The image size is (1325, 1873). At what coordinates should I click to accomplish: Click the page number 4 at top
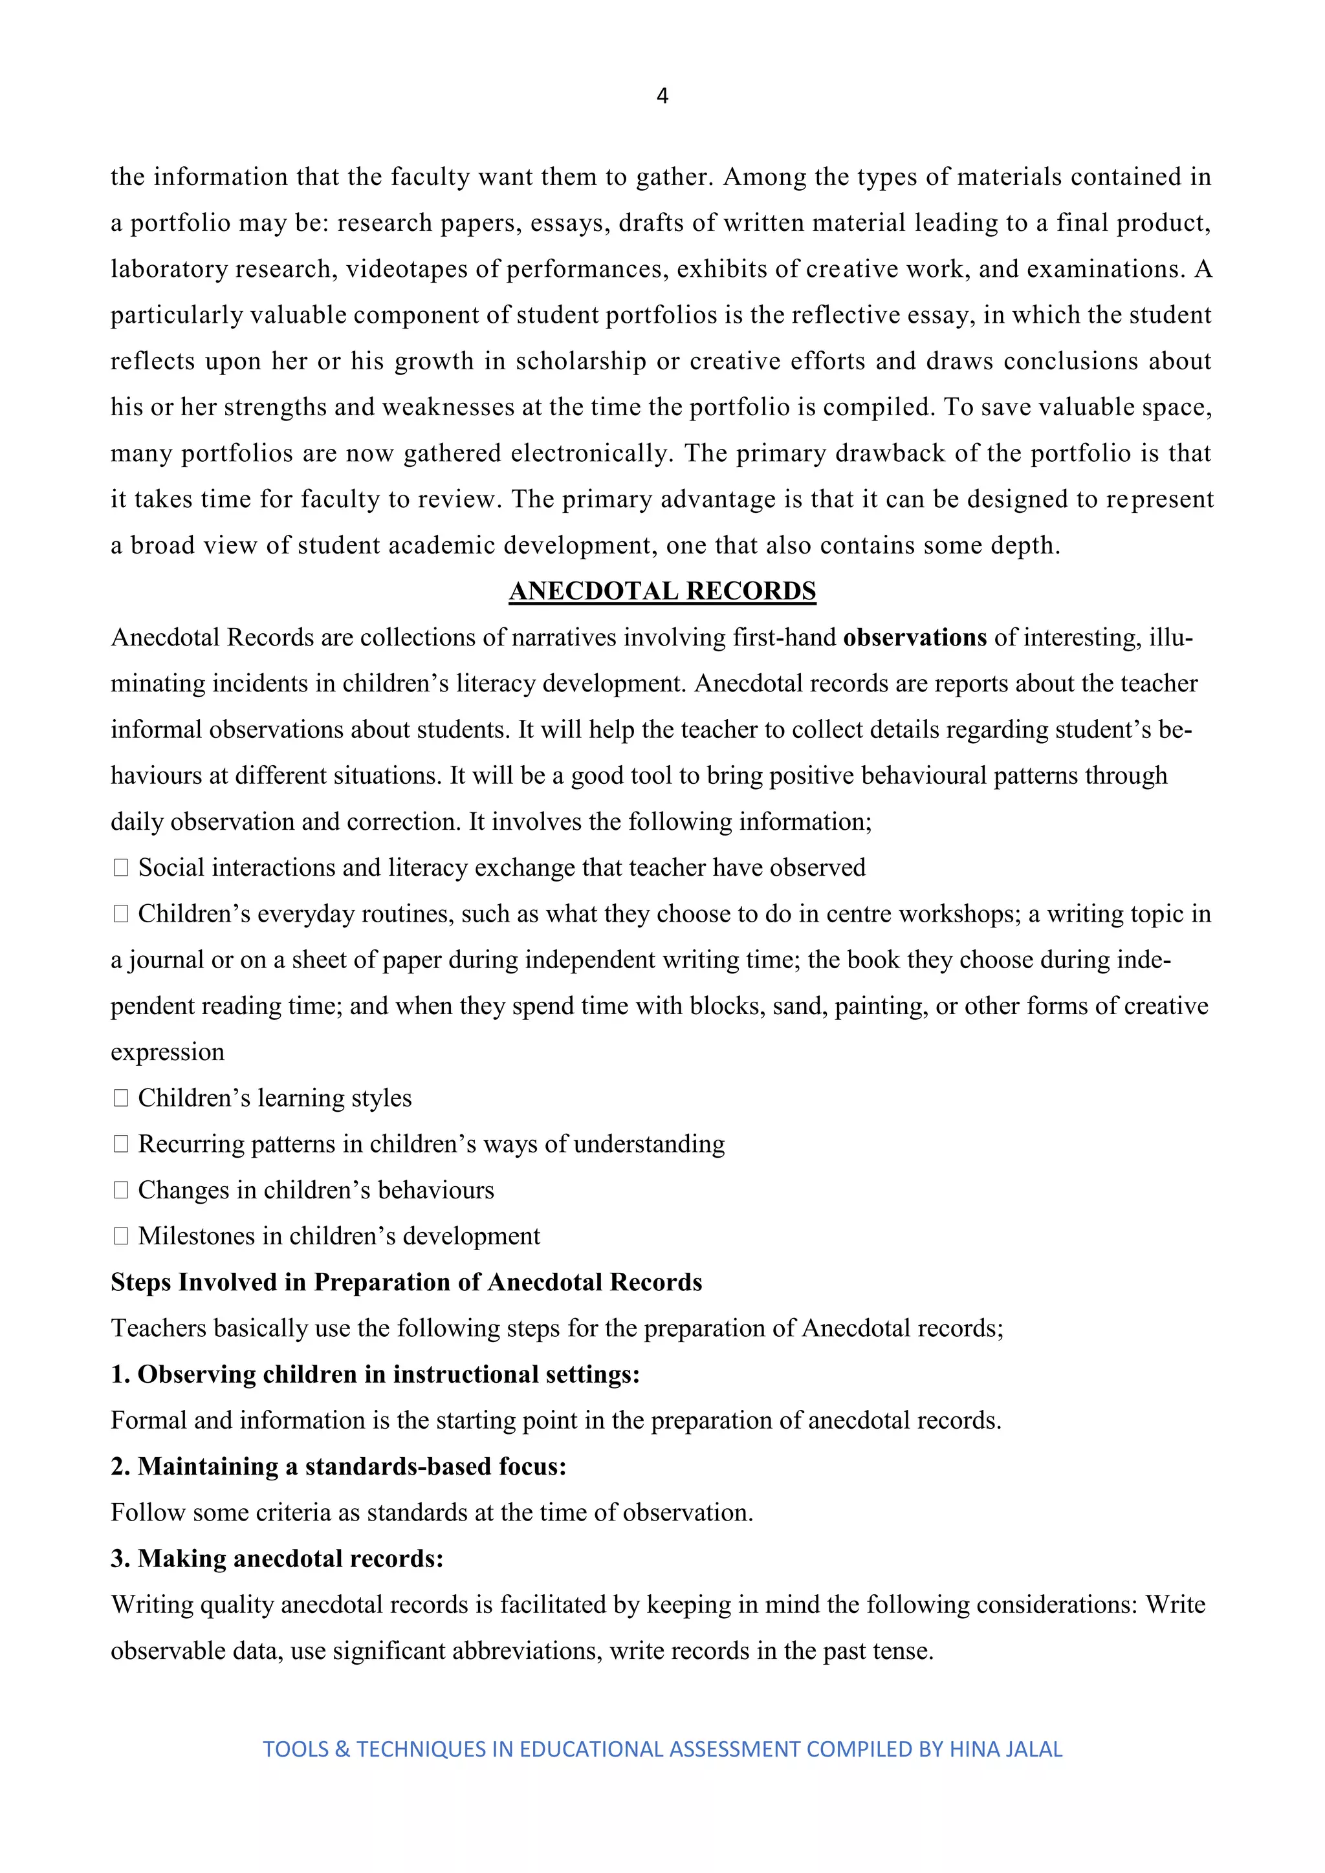click(x=662, y=96)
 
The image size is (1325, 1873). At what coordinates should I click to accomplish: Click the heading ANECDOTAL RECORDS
click(x=662, y=590)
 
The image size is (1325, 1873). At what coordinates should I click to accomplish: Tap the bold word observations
click(x=915, y=637)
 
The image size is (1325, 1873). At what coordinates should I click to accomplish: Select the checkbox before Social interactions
click(x=121, y=868)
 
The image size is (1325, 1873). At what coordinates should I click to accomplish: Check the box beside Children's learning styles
click(x=121, y=1098)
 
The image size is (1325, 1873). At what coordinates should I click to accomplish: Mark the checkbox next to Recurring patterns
click(x=121, y=1145)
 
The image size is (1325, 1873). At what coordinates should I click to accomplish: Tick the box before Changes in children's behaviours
click(x=121, y=1190)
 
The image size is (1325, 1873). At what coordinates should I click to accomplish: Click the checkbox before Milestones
click(x=121, y=1237)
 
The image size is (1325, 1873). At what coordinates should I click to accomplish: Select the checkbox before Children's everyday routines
click(x=121, y=914)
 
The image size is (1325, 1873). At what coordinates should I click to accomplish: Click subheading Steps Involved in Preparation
click(x=406, y=1283)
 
